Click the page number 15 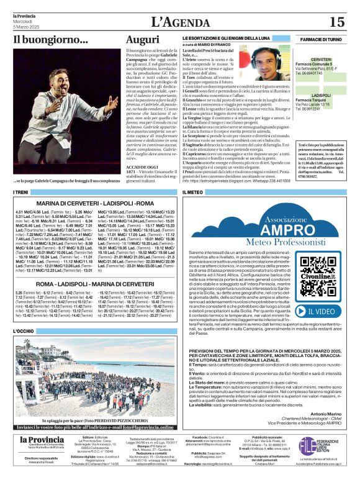[336, 22]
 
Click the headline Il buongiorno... [51, 40]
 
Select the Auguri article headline [142, 40]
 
